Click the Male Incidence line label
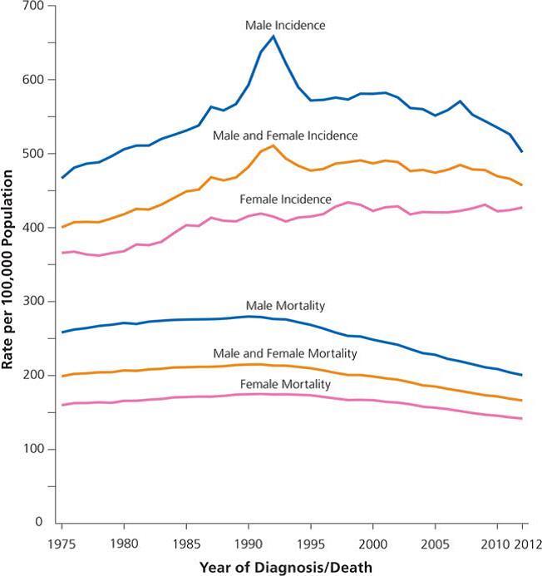click(284, 26)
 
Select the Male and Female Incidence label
click(285, 135)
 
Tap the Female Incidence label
click(285, 199)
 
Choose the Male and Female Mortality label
click(285, 354)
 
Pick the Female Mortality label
click(285, 384)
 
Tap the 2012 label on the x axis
click(523, 543)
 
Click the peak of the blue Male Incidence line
click(273, 36)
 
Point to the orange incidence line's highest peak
click(273, 146)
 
